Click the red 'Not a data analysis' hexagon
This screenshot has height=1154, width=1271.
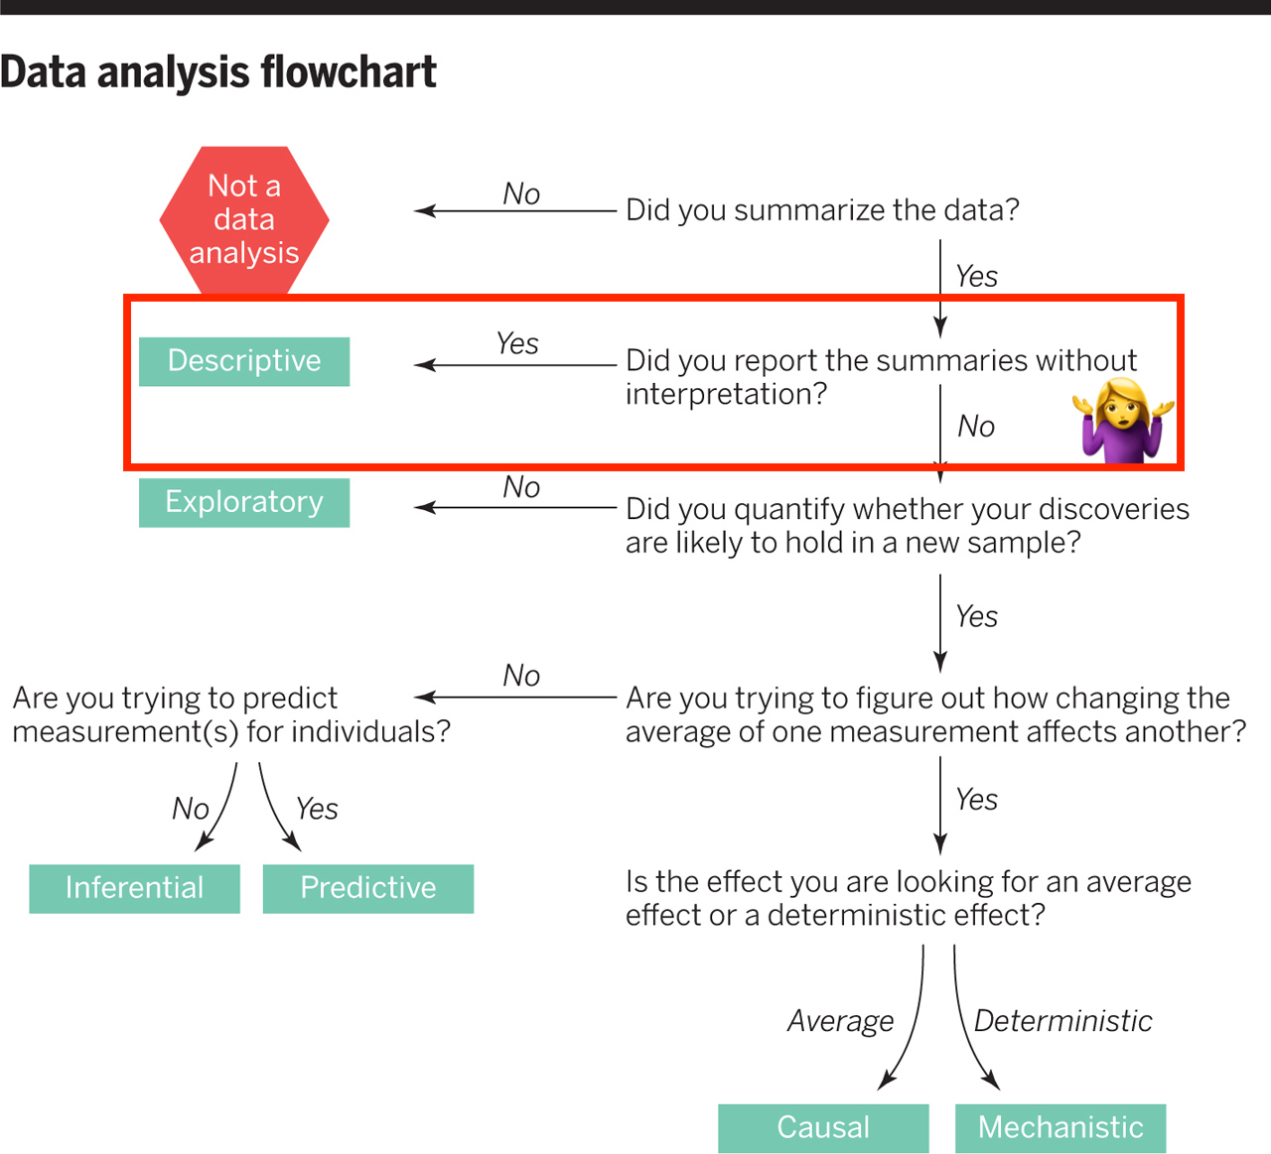coord(244,219)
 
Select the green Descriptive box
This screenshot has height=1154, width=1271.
coord(244,361)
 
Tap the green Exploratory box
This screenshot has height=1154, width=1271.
coord(244,502)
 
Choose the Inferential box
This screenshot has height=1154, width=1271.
coord(134,888)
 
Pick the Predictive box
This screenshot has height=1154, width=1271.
coord(368,888)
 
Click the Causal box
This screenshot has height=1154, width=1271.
coord(823,1128)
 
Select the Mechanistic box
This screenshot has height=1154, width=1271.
coord(1060,1128)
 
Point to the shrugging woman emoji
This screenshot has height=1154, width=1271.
coord(1123,421)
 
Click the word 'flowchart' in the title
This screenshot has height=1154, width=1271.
coord(348,71)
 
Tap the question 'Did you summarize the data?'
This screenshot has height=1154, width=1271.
coord(822,210)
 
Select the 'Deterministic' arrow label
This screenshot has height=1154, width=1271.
coord(1062,1021)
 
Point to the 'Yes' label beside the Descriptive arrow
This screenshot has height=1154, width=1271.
coord(517,344)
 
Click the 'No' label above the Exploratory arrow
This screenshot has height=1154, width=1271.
coord(521,487)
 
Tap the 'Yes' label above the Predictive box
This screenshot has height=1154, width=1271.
coord(317,809)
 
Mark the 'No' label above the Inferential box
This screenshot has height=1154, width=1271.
coord(190,809)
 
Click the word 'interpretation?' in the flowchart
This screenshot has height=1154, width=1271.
coord(726,394)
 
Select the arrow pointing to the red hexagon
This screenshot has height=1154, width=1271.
coord(515,210)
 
